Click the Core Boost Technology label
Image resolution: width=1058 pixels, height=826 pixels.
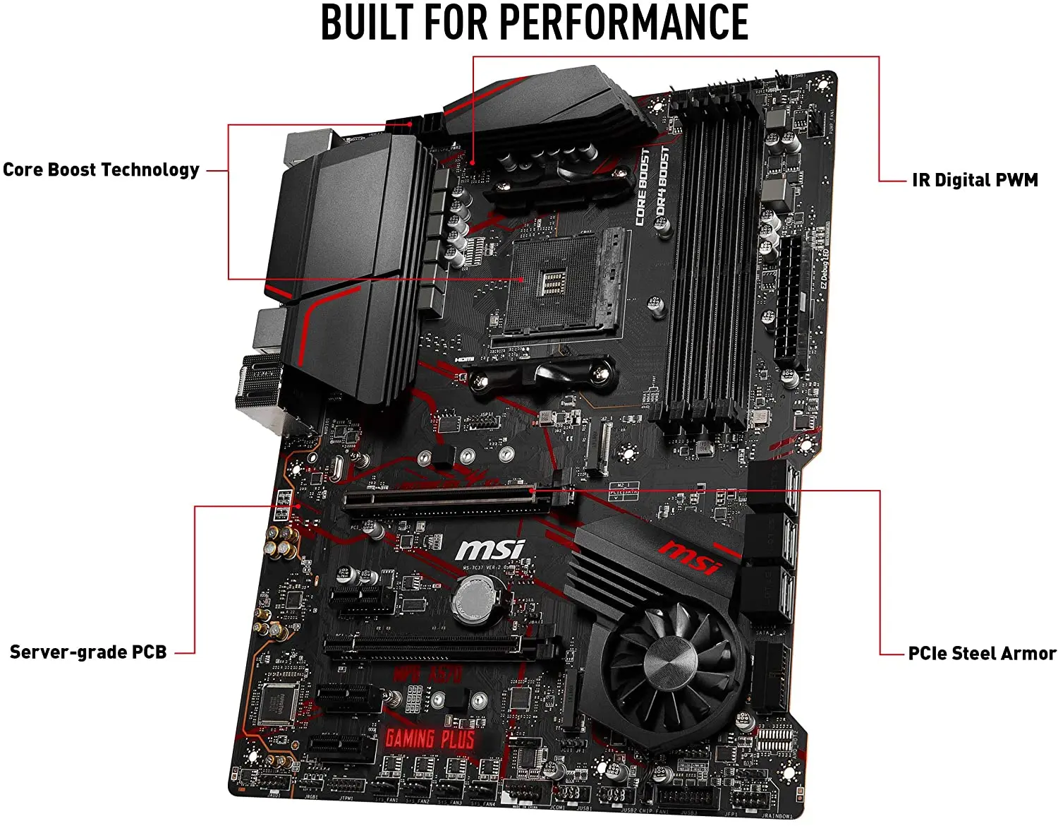click(101, 170)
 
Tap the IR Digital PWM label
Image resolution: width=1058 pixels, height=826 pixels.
click(975, 180)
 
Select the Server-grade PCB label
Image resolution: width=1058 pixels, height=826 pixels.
click(88, 652)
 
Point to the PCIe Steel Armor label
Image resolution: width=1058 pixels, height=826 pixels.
click(982, 653)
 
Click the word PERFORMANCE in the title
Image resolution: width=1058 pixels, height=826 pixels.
click(624, 23)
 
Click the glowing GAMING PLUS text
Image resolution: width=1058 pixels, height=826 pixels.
click(430, 739)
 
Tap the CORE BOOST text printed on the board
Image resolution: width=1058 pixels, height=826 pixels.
click(642, 187)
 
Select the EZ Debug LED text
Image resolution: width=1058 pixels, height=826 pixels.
click(824, 268)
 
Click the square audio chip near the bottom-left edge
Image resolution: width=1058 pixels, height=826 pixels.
click(277, 702)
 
